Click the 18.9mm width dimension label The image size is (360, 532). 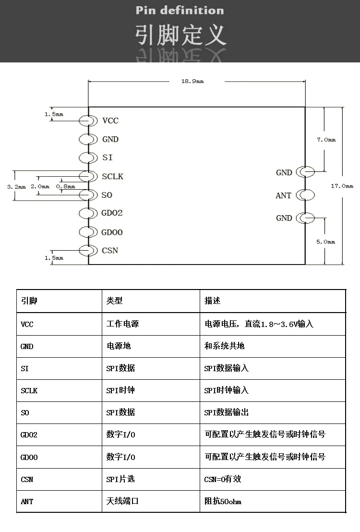[x=192, y=81]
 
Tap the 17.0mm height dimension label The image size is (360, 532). [x=342, y=186]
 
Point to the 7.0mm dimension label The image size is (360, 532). [x=326, y=140]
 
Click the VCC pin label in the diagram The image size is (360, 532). [x=110, y=121]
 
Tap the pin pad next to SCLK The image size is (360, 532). [x=88, y=176]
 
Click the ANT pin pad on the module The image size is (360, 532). [x=305, y=195]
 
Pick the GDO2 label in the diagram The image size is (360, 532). [x=112, y=213]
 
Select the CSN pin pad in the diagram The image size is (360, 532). [x=88, y=250]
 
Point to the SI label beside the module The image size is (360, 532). [x=108, y=157]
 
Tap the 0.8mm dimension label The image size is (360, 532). [x=65, y=186]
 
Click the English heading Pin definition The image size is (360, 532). [x=180, y=11]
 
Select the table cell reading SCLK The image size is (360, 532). [x=29, y=390]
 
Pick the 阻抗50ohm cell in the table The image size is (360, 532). [x=223, y=501]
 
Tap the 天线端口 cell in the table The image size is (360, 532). [x=122, y=501]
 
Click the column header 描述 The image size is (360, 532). [x=212, y=301]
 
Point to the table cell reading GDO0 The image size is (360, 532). [x=29, y=457]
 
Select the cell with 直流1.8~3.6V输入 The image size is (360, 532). [x=259, y=324]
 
